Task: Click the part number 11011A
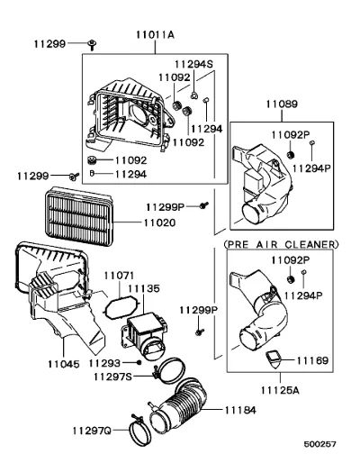[155, 35]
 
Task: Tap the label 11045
[64, 364]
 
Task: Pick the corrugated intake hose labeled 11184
[178, 404]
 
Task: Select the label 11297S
[112, 377]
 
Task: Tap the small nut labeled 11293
[139, 362]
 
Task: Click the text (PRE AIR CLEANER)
[281, 244]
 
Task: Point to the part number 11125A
[280, 390]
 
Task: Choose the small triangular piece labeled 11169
[274, 359]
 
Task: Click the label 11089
[282, 104]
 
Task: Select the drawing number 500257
[319, 444]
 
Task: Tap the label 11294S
[193, 64]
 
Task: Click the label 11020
[159, 222]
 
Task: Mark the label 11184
[240, 410]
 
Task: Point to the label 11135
[144, 288]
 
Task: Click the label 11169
[312, 360]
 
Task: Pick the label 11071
[119, 276]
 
